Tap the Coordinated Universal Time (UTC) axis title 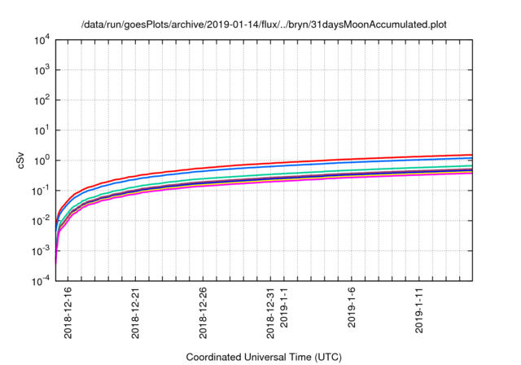coord(265,357)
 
